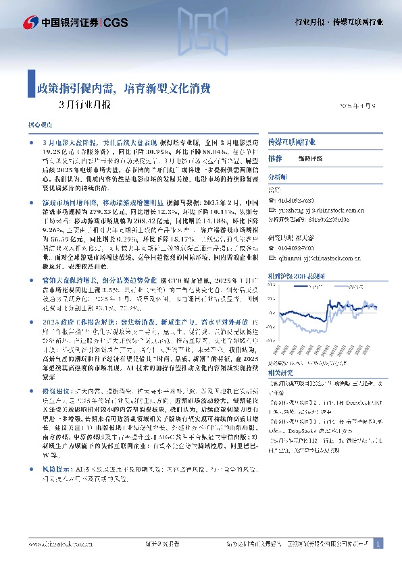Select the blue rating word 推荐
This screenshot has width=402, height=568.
tap(274, 158)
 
